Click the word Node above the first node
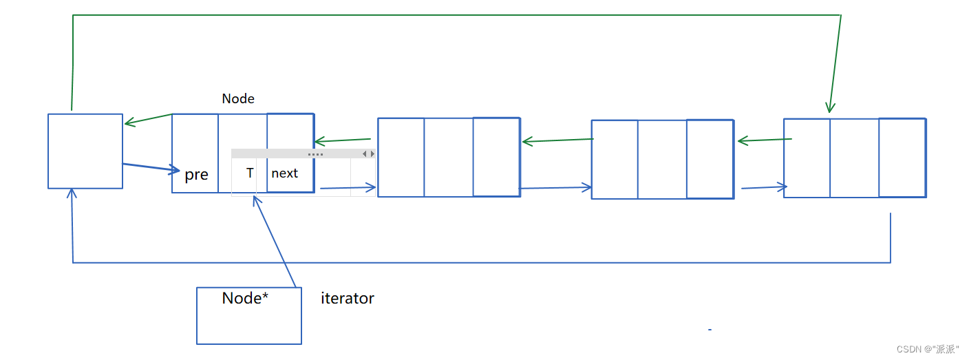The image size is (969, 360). tap(238, 99)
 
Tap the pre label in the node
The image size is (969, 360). tap(196, 175)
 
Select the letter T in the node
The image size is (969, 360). tap(250, 173)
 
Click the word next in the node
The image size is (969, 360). tap(284, 173)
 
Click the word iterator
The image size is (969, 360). tap(348, 299)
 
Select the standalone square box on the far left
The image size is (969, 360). tap(85, 151)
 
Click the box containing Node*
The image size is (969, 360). tap(249, 324)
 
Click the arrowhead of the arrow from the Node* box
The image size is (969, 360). tap(255, 200)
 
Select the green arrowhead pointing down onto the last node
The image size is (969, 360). tap(831, 108)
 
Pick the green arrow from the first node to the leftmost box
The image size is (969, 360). tap(148, 120)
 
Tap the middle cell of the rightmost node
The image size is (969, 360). tap(854, 158)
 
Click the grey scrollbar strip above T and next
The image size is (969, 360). tap(303, 154)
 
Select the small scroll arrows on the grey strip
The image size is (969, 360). tap(368, 154)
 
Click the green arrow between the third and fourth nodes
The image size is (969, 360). tap(764, 140)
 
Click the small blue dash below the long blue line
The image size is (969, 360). tap(710, 330)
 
